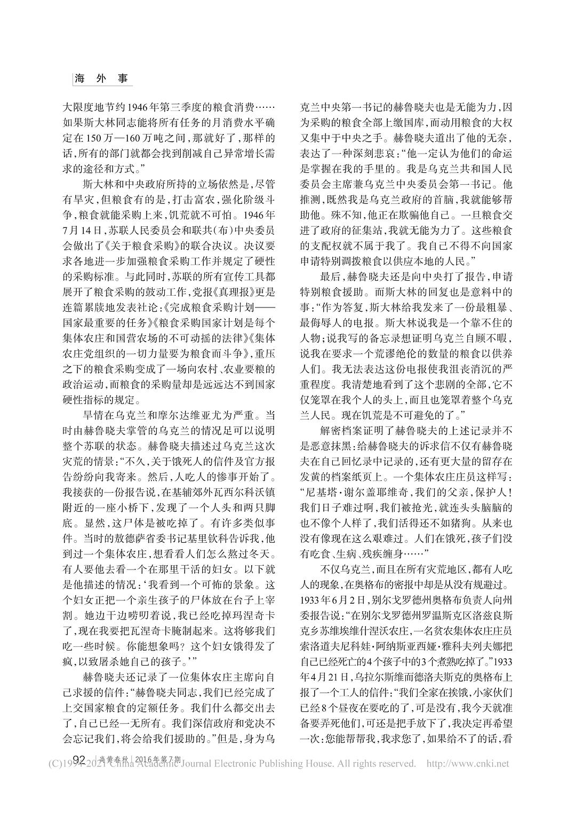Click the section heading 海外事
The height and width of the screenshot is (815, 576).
(101, 78)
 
